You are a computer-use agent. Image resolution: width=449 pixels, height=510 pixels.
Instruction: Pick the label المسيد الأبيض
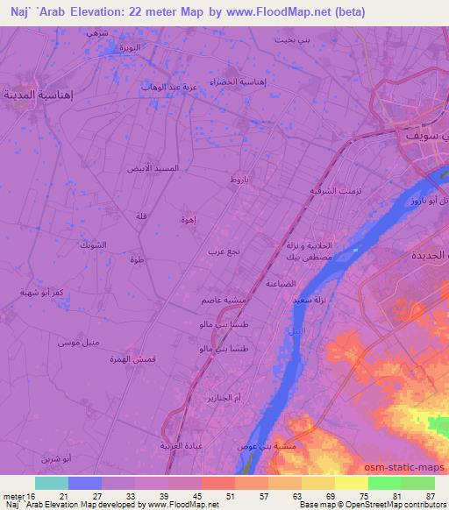(153, 167)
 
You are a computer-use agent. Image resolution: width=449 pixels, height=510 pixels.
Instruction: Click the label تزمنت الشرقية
(311, 190)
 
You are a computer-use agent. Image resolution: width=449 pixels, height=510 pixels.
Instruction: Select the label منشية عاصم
(230, 301)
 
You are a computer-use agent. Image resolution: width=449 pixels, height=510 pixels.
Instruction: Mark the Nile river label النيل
(297, 332)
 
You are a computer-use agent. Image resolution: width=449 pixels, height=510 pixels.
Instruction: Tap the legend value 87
(429, 497)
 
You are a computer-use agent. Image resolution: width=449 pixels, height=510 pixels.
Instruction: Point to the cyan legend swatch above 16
(52, 483)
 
